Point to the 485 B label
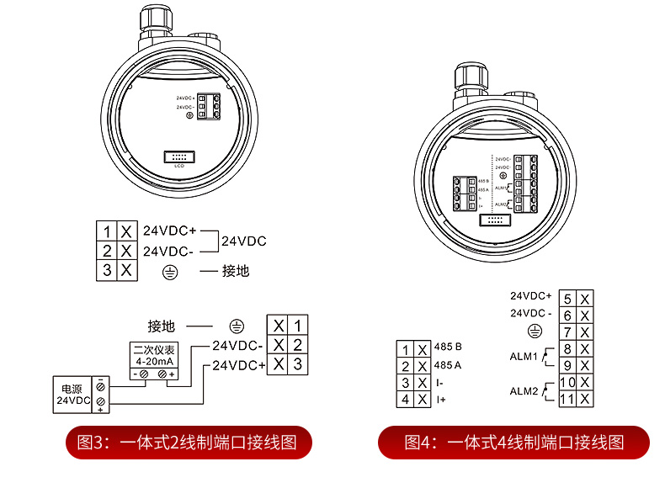point(449,347)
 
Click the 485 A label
point(449,365)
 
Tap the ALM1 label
point(523,356)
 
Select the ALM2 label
point(523,391)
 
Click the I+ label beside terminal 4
point(441,400)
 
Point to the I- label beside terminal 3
point(440,383)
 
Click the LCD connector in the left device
point(178,157)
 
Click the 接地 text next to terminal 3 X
point(236,271)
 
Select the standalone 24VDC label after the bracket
point(243,241)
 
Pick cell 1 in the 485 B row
point(406,349)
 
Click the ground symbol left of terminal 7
point(532,332)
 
